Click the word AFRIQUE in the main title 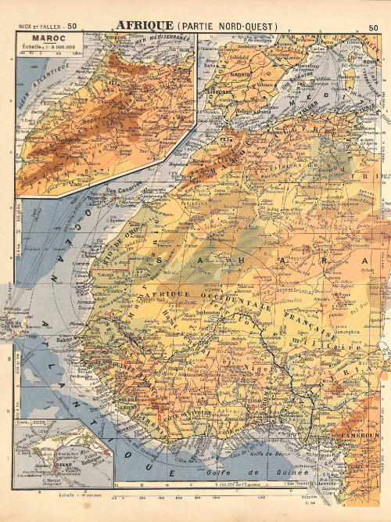(x=145, y=25)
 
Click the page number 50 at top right (x=373, y=26)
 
